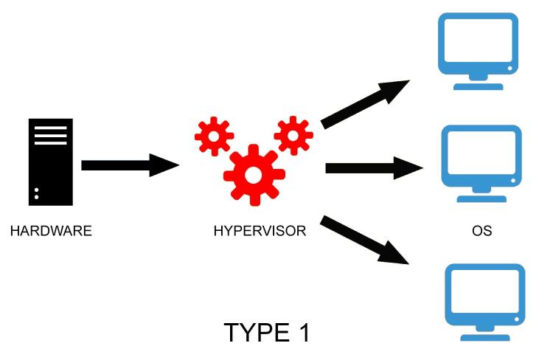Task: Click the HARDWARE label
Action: click(x=51, y=231)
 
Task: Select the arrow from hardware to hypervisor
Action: click(x=129, y=164)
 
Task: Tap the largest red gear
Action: click(x=253, y=175)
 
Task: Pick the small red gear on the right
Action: click(x=293, y=135)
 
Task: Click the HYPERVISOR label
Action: click(x=260, y=231)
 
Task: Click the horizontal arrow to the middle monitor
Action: click(x=373, y=168)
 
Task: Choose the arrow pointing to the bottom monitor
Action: click(x=365, y=240)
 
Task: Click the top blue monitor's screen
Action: click(x=477, y=42)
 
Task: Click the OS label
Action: click(x=481, y=231)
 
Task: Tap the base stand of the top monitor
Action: click(x=478, y=86)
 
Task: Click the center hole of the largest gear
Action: click(x=253, y=176)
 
